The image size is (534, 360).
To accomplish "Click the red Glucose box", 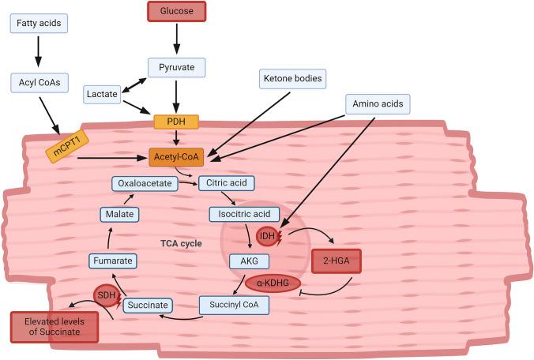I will coord(175,12).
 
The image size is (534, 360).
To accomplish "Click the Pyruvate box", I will coord(175,66).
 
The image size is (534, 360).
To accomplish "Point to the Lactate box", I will coord(102,95).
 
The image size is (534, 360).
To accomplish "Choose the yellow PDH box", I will coord(175,122).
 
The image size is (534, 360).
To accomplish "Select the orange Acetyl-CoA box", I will coord(176,157).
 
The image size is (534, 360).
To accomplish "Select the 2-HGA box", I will coord(338,262).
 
